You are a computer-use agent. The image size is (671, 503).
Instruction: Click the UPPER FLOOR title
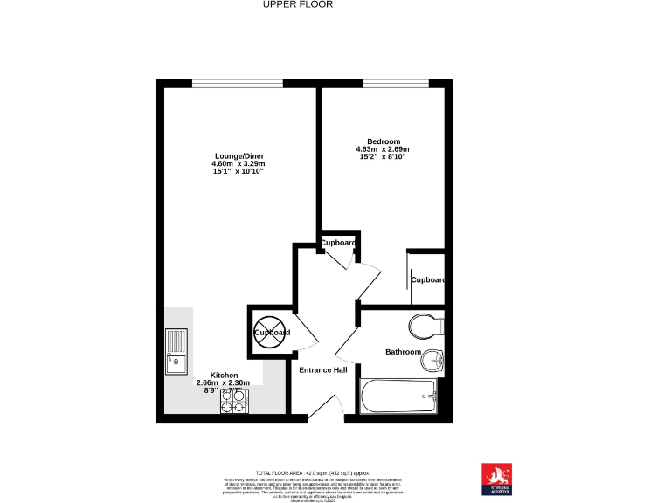298,4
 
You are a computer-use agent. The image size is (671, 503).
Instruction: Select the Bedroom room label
384,141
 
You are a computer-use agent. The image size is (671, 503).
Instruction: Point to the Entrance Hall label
323,370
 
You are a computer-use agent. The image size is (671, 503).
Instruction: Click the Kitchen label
224,375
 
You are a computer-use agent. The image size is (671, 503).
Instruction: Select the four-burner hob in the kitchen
234,401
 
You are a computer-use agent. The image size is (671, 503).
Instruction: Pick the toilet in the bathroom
424,327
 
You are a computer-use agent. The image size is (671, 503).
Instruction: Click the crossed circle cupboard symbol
271,333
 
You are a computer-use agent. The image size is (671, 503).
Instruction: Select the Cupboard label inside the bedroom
428,280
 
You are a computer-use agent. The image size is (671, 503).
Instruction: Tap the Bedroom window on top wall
395,84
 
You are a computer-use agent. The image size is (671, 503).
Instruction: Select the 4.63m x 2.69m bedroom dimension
383,150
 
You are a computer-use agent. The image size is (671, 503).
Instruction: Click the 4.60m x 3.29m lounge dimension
239,164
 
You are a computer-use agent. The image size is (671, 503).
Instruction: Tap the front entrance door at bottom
326,407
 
